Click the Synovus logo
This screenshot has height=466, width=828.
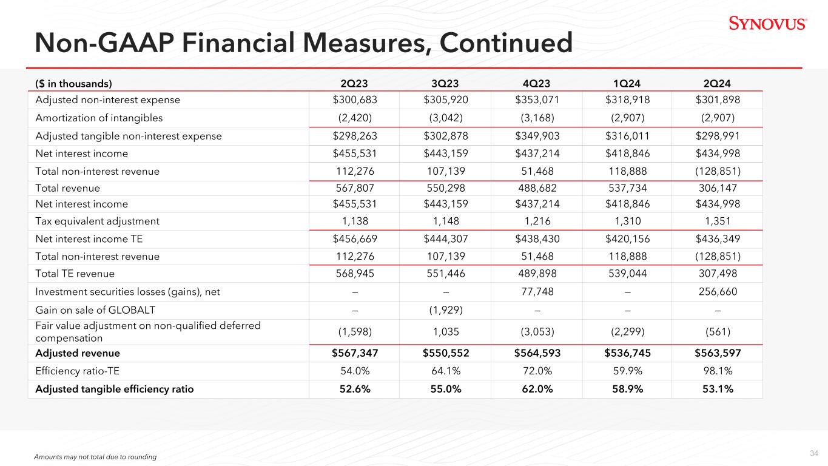(767, 24)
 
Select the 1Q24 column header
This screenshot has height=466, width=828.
(627, 84)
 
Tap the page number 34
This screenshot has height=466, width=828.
(814, 453)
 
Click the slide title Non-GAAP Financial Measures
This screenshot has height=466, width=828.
(303, 43)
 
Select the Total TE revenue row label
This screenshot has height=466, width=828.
(75, 274)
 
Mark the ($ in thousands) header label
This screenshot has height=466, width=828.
(74, 84)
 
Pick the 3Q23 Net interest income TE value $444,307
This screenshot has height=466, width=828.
(445, 239)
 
